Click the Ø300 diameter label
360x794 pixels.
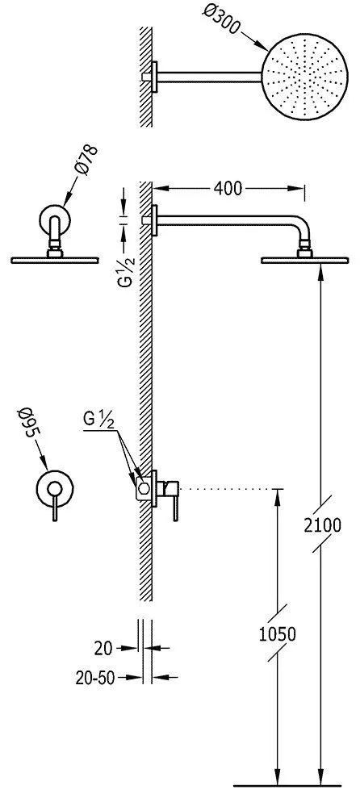pyautogui.click(x=220, y=20)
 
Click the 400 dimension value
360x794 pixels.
pyautogui.click(x=228, y=188)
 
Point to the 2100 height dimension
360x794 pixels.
pyautogui.click(x=323, y=525)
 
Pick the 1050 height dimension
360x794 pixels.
pyautogui.click(x=277, y=633)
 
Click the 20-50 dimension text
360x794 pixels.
pyautogui.click(x=95, y=679)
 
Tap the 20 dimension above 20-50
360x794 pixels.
pyautogui.click(x=103, y=648)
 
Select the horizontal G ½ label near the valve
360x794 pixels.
pyautogui.click(x=98, y=420)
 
